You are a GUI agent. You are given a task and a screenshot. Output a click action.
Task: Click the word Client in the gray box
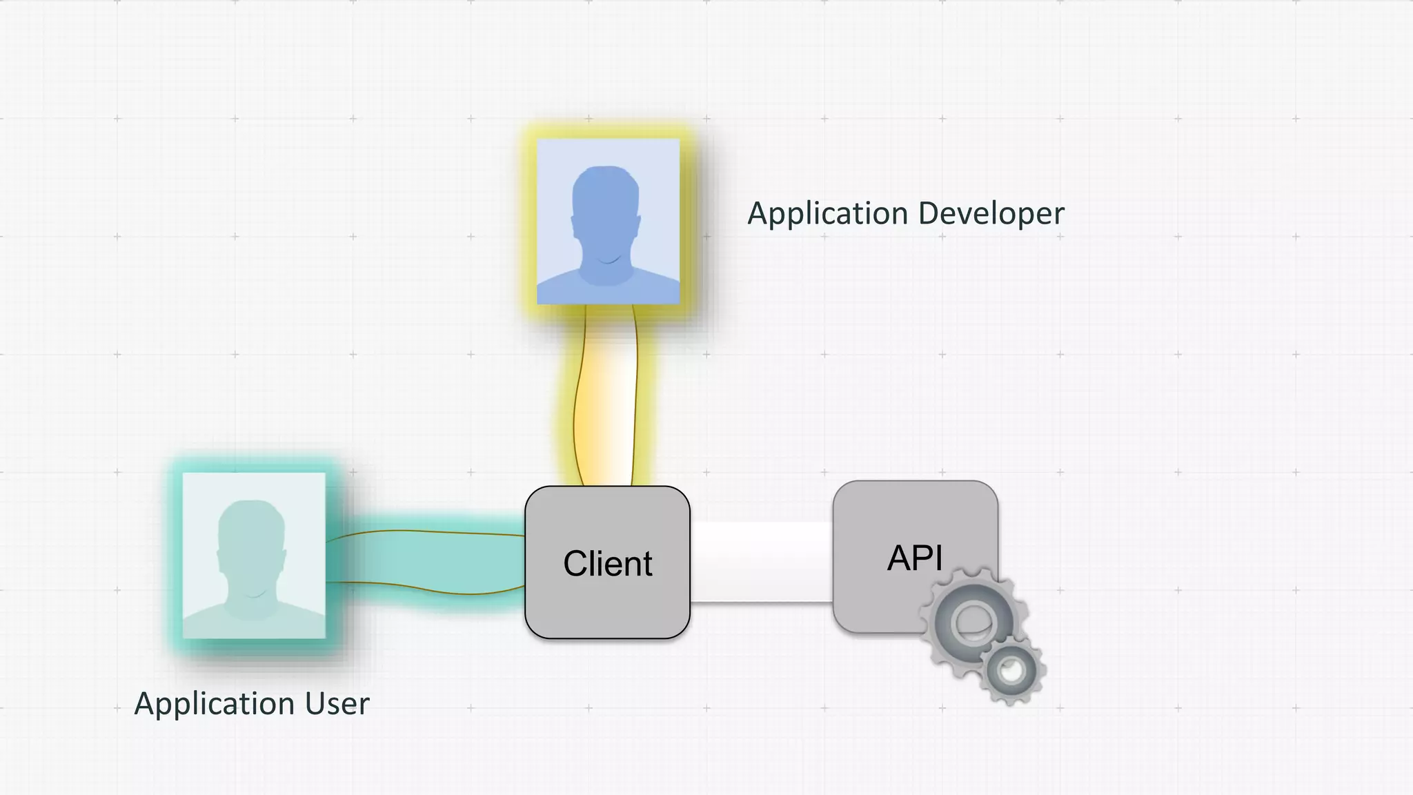[607, 564]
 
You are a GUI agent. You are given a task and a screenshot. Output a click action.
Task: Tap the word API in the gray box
[914, 558]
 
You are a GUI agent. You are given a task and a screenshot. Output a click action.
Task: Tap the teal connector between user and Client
[428, 560]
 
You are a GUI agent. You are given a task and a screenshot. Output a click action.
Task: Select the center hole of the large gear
[973, 622]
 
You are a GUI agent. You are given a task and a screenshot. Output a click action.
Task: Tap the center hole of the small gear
[1011, 670]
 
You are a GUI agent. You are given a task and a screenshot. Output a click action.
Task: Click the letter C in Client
[576, 564]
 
